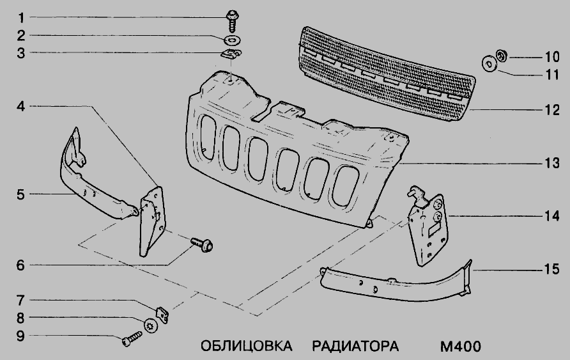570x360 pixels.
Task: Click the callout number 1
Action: [x=21, y=18]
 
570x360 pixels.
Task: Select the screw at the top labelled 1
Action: [x=231, y=21]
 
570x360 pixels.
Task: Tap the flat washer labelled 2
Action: [x=231, y=39]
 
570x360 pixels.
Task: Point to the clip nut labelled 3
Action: [x=231, y=54]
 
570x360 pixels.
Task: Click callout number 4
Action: [x=21, y=107]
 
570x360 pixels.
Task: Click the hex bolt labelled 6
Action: [x=202, y=245]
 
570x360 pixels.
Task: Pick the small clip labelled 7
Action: [x=162, y=315]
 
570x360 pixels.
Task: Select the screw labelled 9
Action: [x=132, y=338]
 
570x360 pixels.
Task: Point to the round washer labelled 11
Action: [x=489, y=65]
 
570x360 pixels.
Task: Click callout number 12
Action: [x=552, y=110]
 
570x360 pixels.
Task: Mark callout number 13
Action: [x=552, y=163]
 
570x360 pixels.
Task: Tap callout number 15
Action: [x=552, y=269]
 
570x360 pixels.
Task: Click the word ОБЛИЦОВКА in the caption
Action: [x=247, y=346]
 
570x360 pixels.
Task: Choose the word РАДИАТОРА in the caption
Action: [x=355, y=346]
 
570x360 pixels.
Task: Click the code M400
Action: [x=461, y=346]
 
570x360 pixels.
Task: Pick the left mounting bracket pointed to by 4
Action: [x=152, y=222]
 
